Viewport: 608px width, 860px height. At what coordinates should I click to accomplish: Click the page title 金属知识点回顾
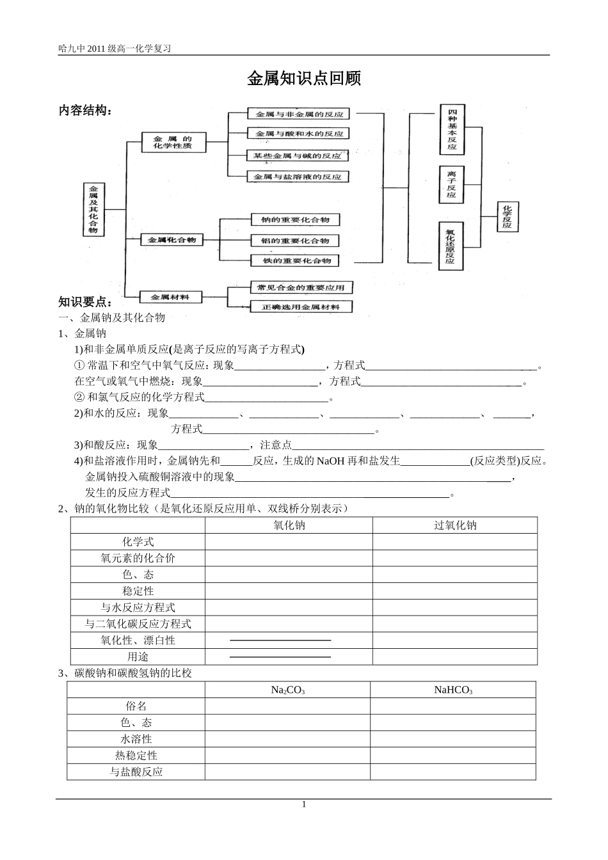click(304, 79)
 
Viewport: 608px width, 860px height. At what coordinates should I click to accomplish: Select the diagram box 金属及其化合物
click(93, 209)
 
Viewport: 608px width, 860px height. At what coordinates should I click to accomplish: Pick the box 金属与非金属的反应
click(298, 114)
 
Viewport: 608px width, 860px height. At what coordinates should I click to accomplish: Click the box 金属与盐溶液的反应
click(298, 176)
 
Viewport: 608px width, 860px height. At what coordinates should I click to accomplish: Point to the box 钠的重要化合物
click(294, 219)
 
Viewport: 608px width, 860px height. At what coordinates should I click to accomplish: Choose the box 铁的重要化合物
click(294, 260)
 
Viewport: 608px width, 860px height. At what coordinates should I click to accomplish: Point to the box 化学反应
click(507, 216)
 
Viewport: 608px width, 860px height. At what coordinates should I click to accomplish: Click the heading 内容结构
click(85, 110)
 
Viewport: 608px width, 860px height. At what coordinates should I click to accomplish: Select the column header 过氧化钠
click(454, 525)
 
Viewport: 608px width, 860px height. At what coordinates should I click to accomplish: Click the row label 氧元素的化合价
click(138, 558)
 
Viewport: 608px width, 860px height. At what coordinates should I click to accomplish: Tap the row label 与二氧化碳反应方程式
click(138, 624)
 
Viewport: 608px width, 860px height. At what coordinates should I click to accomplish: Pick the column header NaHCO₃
click(452, 690)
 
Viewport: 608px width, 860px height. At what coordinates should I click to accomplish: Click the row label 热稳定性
click(136, 756)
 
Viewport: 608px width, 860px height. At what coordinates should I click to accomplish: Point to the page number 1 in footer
click(304, 804)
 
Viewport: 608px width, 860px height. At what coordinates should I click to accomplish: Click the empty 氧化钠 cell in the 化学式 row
click(289, 542)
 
